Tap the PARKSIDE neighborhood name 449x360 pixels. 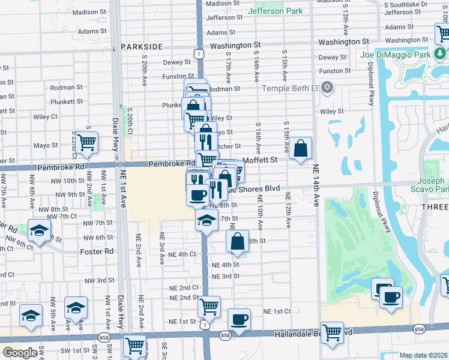tap(141, 46)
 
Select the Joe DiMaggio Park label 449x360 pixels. tap(396, 55)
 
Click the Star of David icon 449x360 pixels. tap(327, 88)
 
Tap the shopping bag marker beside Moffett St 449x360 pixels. tap(300, 148)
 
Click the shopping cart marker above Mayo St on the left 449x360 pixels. tap(87, 143)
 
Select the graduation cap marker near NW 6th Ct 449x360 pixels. tap(39, 230)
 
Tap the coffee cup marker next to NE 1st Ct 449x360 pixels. tap(239, 319)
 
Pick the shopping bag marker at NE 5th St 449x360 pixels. tap(238, 242)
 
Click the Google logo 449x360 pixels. tap(20, 353)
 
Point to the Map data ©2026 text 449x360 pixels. tap(423, 355)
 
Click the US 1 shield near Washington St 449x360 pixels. tap(199, 55)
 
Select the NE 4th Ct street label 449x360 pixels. tap(183, 254)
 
